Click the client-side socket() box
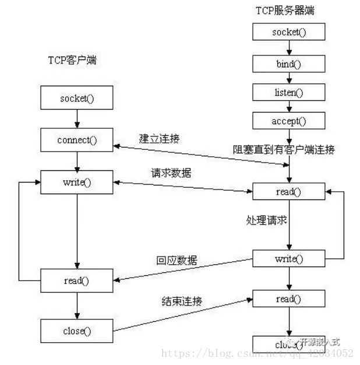[x=77, y=98]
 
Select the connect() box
[x=77, y=141]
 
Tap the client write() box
[x=77, y=182]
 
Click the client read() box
[x=77, y=281]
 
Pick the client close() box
[x=77, y=331]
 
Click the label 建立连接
[x=160, y=138]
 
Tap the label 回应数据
[x=176, y=260]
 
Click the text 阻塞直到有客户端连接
[x=284, y=150]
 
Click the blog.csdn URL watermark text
[x=257, y=353]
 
